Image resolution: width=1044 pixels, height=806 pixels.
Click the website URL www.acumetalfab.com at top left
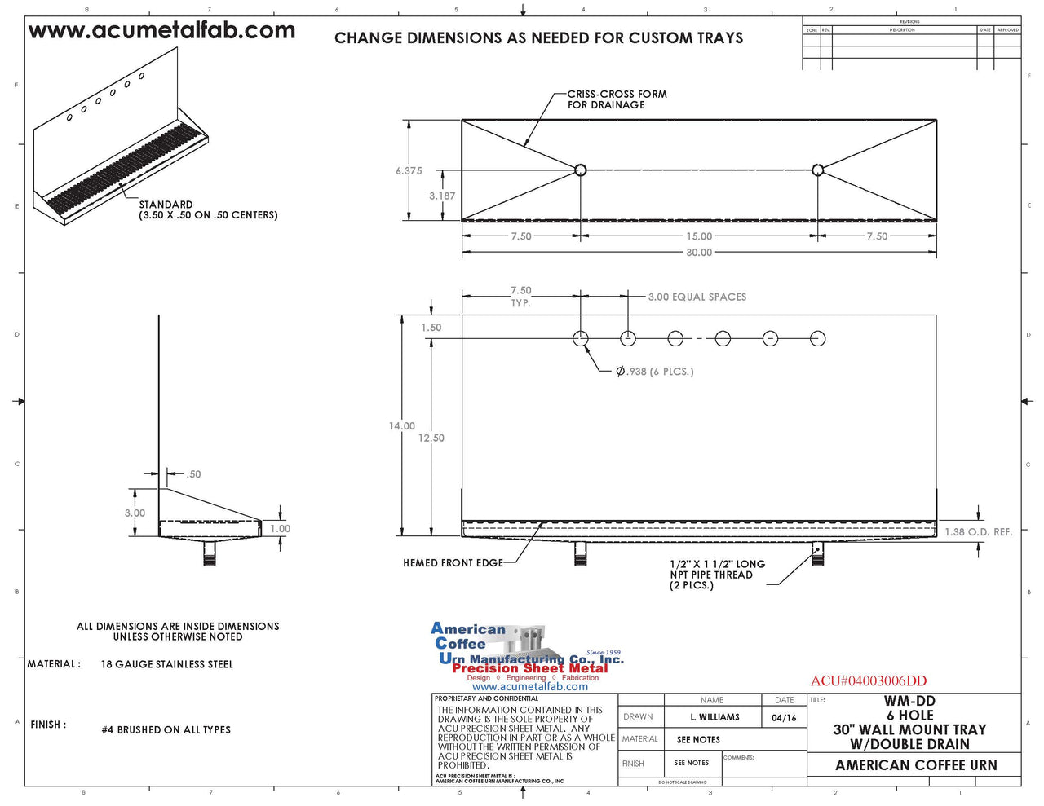tap(161, 31)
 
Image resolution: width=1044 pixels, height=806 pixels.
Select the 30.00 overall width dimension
tap(698, 253)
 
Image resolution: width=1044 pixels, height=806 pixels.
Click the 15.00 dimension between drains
tap(698, 236)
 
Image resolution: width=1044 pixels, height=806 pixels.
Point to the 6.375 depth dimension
tap(409, 171)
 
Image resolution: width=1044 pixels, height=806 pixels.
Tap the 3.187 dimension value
tap(442, 196)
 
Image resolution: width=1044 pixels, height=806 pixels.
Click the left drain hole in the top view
tap(580, 170)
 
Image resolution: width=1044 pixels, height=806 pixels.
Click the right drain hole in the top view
tap(817, 170)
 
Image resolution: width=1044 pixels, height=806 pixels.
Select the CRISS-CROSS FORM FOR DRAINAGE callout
tap(617, 99)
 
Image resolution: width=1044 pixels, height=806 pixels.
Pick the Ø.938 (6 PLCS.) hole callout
tap(654, 372)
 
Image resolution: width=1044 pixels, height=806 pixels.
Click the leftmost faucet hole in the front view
tap(580, 338)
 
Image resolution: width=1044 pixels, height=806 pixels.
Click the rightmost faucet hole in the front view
tap(817, 338)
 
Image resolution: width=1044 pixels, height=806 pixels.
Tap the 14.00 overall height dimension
tap(401, 426)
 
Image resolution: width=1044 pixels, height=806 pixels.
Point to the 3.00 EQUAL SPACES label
tap(697, 297)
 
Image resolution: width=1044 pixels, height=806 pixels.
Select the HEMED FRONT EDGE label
tap(453, 563)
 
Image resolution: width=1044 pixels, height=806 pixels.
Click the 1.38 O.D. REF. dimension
tap(978, 532)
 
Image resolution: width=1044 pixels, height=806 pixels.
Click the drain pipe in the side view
tap(210, 554)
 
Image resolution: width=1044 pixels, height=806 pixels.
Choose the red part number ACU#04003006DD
tap(868, 681)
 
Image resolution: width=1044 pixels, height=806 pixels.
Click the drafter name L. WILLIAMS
tap(714, 717)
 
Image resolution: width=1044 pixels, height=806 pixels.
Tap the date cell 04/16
tap(783, 718)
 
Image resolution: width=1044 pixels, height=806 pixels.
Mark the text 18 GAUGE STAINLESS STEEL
tap(166, 665)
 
